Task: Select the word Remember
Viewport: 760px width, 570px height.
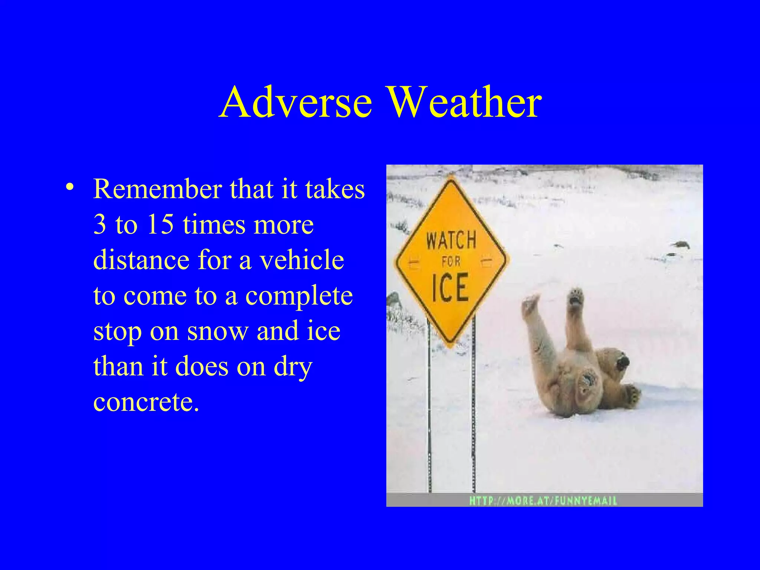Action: (157, 189)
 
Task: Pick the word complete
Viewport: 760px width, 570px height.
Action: (299, 296)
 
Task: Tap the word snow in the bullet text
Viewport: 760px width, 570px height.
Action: (217, 331)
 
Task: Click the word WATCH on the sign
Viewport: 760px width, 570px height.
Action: (451, 240)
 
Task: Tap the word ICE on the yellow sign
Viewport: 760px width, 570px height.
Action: (450, 288)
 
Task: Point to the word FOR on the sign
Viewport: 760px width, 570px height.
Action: (451, 262)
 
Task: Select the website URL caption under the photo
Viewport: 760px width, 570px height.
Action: (543, 501)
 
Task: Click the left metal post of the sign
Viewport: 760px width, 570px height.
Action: (429, 408)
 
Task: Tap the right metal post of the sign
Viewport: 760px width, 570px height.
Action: (474, 408)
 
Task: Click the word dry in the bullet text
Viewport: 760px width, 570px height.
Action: (293, 367)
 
